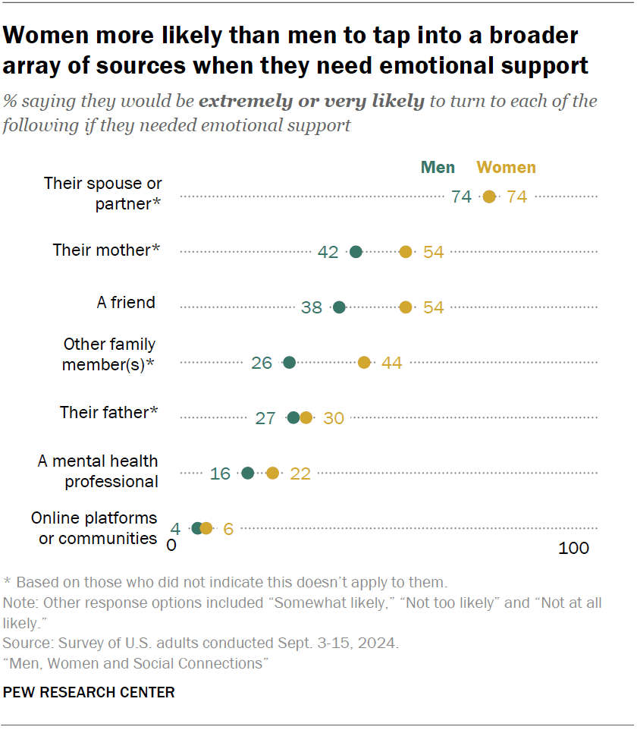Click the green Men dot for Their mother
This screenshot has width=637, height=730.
tap(356, 252)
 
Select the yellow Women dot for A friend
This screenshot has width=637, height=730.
tap(406, 307)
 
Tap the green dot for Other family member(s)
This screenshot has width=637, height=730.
tap(289, 363)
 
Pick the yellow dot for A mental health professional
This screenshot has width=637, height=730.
tap(273, 474)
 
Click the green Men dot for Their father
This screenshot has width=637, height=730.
tap(293, 417)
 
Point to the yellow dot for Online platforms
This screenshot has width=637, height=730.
tap(206, 528)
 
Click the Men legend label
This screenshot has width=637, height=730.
tap(438, 168)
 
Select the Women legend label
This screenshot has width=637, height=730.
tap(506, 168)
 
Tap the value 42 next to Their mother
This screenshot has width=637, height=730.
tap(328, 252)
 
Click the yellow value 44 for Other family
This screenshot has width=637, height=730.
tap(391, 363)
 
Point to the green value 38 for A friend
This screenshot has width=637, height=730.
tap(312, 307)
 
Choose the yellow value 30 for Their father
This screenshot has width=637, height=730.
tap(334, 418)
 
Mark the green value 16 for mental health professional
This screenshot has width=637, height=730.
tap(220, 474)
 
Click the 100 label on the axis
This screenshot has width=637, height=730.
tap(573, 548)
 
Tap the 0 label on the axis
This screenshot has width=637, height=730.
tap(171, 546)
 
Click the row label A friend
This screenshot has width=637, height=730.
tap(126, 302)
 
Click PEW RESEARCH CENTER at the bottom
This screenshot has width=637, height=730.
tap(89, 692)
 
